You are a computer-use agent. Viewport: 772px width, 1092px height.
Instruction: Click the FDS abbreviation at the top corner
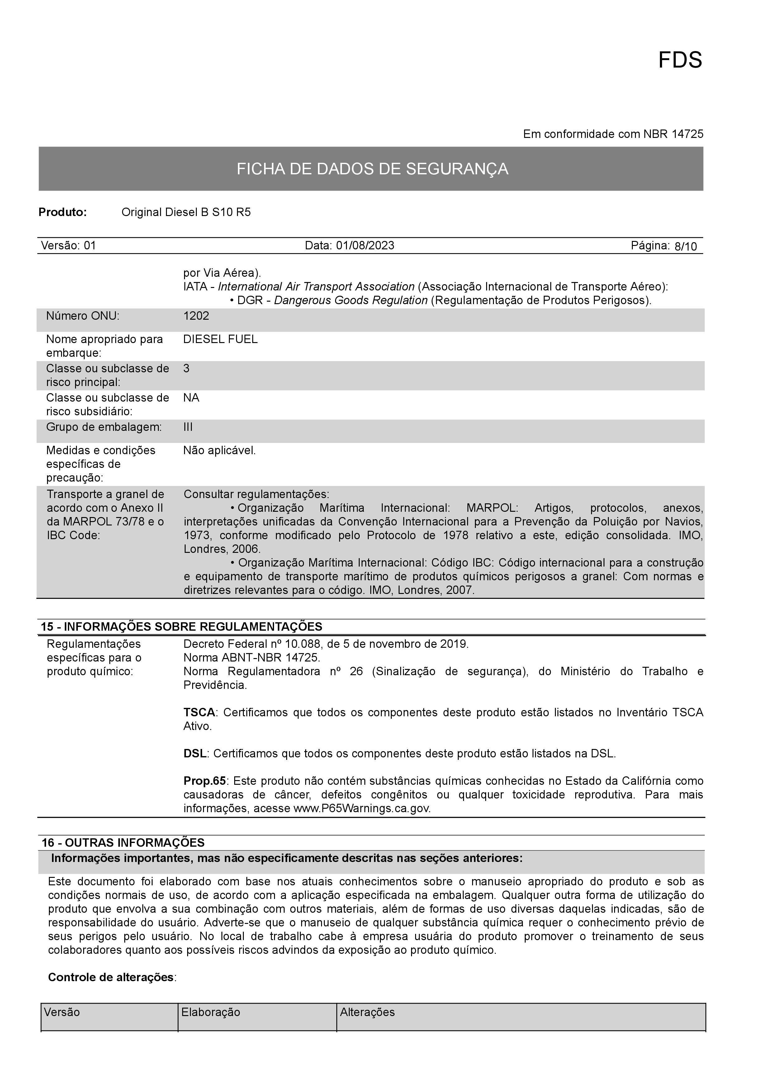click(680, 60)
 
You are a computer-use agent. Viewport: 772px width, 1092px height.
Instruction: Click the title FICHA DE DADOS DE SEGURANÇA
click(372, 169)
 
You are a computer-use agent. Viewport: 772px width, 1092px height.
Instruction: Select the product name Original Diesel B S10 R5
click(186, 212)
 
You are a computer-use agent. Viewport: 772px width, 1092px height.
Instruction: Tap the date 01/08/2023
click(365, 245)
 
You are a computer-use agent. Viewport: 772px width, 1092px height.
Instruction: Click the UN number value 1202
click(196, 316)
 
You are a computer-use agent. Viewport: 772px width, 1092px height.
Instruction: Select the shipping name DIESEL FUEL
click(220, 339)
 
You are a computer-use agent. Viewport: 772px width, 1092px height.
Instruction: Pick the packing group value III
click(188, 427)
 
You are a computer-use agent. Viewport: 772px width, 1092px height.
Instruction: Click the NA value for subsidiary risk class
click(191, 398)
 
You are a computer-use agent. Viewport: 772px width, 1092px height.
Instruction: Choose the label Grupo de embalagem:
click(104, 427)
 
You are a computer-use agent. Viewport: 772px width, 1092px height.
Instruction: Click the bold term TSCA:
click(200, 713)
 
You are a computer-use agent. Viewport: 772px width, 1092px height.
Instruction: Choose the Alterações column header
click(367, 1012)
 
